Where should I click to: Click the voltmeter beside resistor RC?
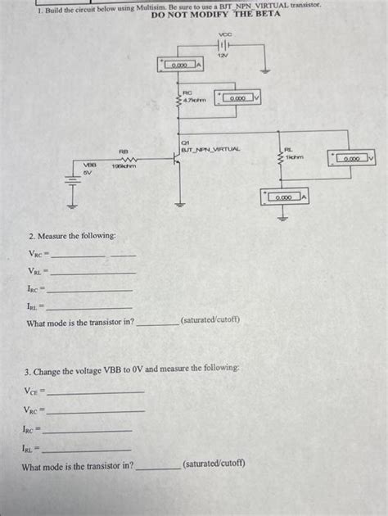[x=238, y=98]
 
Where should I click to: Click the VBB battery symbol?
[x=70, y=189]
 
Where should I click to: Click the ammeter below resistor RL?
[x=285, y=197]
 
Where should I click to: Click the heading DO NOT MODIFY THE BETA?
[x=216, y=15]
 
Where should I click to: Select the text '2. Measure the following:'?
[x=73, y=236]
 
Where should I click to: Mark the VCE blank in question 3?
[x=97, y=393]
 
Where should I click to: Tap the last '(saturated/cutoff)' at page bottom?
[x=214, y=464]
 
